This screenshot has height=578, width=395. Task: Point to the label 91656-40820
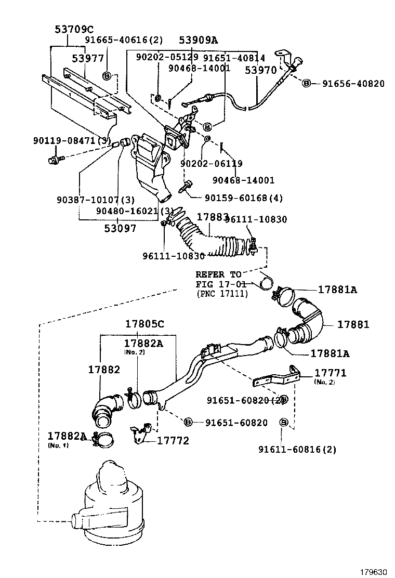(353, 83)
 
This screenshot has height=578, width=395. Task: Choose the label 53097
(120, 228)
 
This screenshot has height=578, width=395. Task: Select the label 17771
(331, 373)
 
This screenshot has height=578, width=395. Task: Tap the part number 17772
(173, 441)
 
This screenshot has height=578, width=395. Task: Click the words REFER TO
(218, 274)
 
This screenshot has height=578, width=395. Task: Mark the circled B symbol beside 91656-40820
(306, 83)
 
